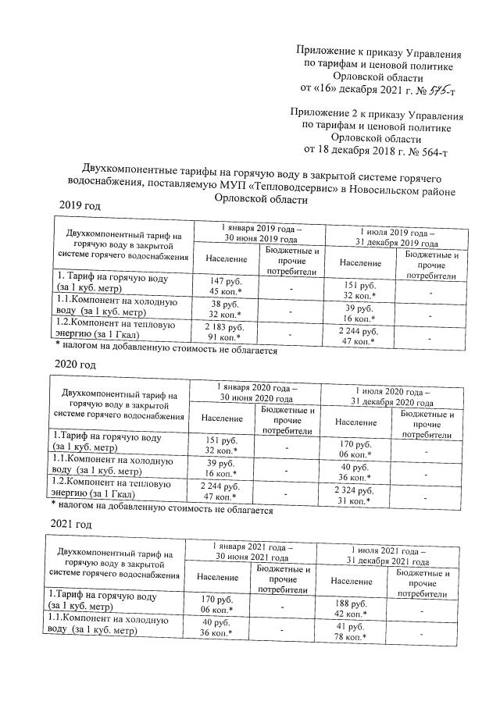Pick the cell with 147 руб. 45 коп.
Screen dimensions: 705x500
pyautogui.click(x=223, y=285)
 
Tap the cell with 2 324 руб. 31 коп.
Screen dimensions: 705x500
pyautogui.click(x=352, y=496)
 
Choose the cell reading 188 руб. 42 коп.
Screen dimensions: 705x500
pyautogui.click(x=350, y=606)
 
